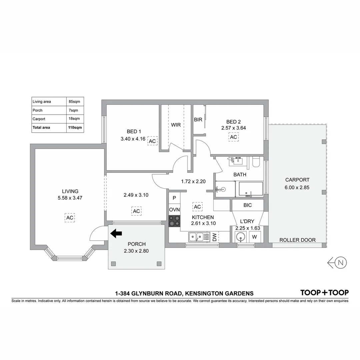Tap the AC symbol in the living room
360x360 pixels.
70,218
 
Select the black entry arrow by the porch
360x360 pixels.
116,234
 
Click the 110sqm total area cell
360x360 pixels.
75,127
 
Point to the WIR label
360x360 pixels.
176,125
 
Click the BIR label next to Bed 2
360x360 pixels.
198,120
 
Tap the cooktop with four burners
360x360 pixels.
174,221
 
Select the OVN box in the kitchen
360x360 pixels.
174,210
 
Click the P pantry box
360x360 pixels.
174,198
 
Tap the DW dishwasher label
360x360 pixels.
214,237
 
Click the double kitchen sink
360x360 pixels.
196,237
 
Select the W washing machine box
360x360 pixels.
254,237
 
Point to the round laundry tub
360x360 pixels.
241,237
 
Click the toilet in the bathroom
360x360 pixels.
256,162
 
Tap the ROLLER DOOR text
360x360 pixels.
297,240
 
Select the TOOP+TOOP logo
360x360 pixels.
324,293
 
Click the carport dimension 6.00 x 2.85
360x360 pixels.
297,187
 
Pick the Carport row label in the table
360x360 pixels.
39,119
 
